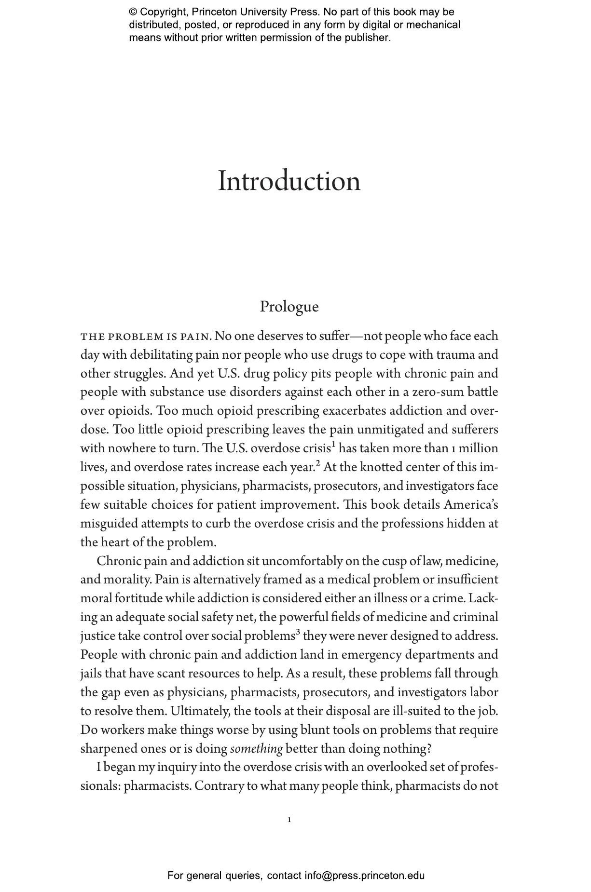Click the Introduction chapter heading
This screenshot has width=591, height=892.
click(x=289, y=182)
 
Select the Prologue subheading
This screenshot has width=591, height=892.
click(x=289, y=307)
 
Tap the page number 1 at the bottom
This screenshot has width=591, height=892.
click(x=289, y=819)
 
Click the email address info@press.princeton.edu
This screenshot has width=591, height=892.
click(x=364, y=875)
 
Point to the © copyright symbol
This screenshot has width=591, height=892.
click(x=133, y=12)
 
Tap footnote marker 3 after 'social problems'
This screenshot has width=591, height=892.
click(x=298, y=632)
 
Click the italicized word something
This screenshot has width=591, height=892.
click(x=256, y=749)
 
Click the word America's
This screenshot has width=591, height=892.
click(x=471, y=505)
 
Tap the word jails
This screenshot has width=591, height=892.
click(x=91, y=674)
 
